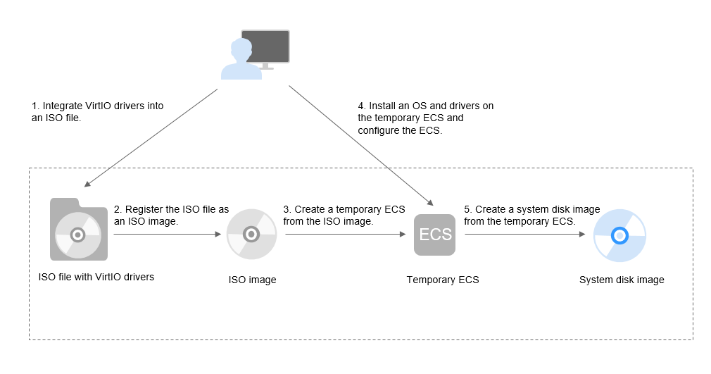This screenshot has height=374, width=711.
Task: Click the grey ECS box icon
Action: (434, 235)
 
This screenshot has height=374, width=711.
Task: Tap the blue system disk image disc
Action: (619, 235)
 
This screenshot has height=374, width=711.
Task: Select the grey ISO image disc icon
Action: (251, 235)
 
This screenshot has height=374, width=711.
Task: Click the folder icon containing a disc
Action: (78, 229)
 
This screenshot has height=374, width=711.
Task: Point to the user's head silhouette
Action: (241, 49)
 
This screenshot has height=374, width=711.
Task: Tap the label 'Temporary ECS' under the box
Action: (443, 280)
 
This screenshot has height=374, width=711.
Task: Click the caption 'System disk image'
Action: (622, 280)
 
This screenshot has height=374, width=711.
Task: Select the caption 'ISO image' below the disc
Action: (252, 280)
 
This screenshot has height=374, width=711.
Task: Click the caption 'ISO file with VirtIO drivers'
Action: (96, 277)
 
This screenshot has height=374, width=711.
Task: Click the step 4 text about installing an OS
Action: (425, 118)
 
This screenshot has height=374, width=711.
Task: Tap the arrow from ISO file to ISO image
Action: (168, 235)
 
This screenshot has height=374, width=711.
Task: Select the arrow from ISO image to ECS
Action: (346, 235)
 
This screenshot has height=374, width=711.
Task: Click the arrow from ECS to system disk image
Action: (525, 235)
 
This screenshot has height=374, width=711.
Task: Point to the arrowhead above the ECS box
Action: (430, 202)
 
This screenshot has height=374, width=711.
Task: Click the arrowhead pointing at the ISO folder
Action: (88, 183)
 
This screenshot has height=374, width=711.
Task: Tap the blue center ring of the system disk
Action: (619, 235)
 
